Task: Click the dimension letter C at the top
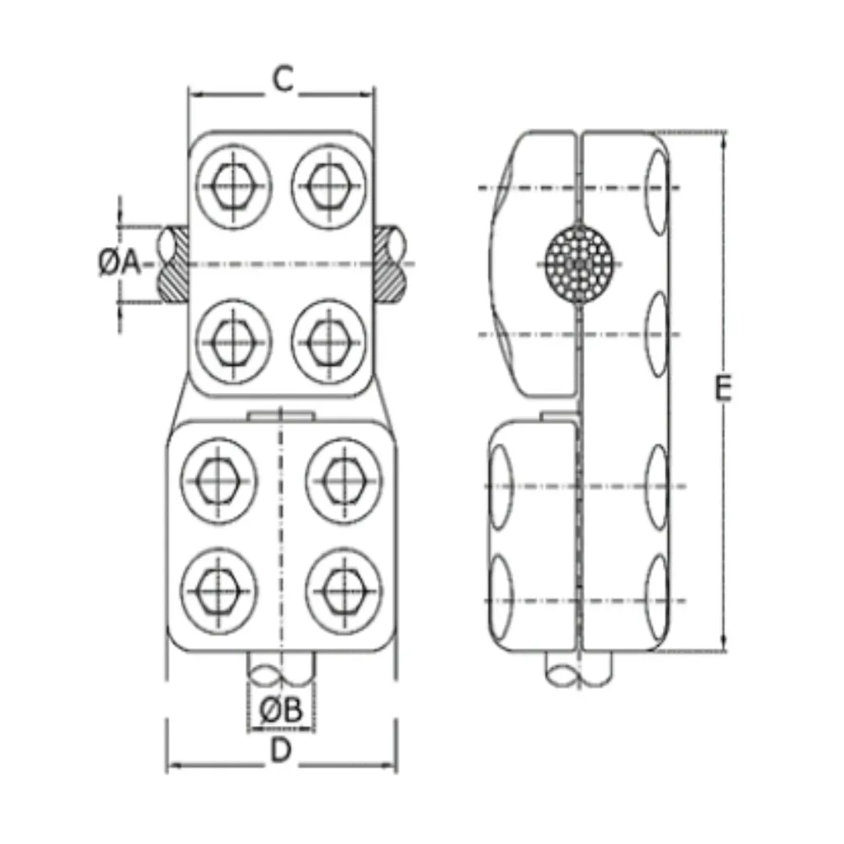click(x=283, y=80)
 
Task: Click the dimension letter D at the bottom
click(x=281, y=751)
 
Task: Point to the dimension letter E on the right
click(x=724, y=388)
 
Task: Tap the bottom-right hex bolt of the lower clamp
click(x=344, y=588)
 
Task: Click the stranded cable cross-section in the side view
click(x=579, y=264)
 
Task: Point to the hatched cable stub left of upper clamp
click(x=173, y=264)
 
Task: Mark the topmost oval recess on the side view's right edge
click(x=659, y=181)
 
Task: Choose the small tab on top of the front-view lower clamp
click(x=281, y=414)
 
